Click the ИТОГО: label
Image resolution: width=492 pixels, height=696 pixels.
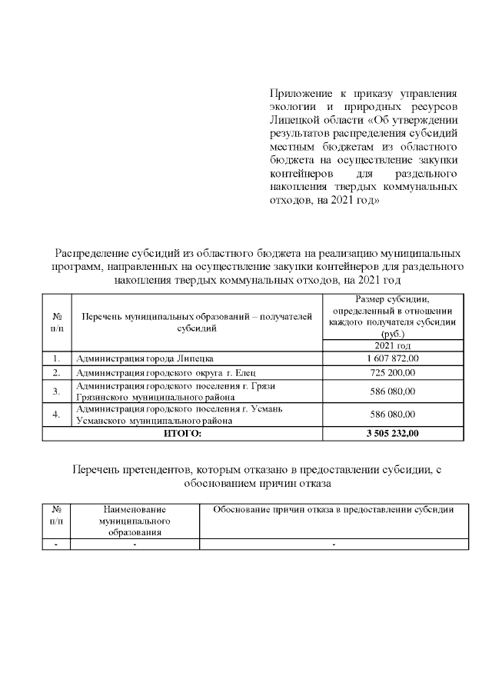point(182,434)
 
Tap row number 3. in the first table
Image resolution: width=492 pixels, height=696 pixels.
point(56,391)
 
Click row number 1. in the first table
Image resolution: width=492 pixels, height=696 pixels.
point(56,358)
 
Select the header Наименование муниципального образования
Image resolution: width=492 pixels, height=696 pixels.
point(135,520)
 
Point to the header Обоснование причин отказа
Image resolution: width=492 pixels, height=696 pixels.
point(334,510)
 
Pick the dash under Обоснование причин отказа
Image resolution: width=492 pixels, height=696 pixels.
point(334,544)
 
